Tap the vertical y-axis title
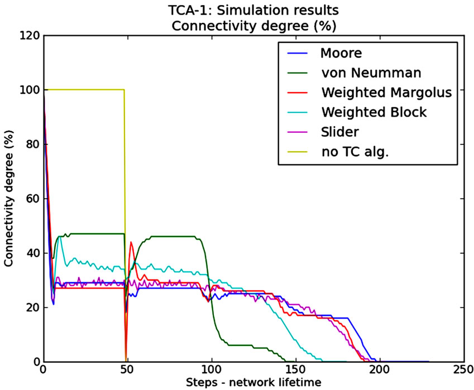pos(9,199)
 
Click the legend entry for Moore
pos(341,54)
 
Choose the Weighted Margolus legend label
pos(386,92)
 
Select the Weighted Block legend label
pos(374,112)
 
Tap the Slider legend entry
pos(341,131)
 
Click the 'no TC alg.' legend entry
pos(355,151)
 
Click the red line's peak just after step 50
pos(131,242)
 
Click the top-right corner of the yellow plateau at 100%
pos(124,90)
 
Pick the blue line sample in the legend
pos(298,54)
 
